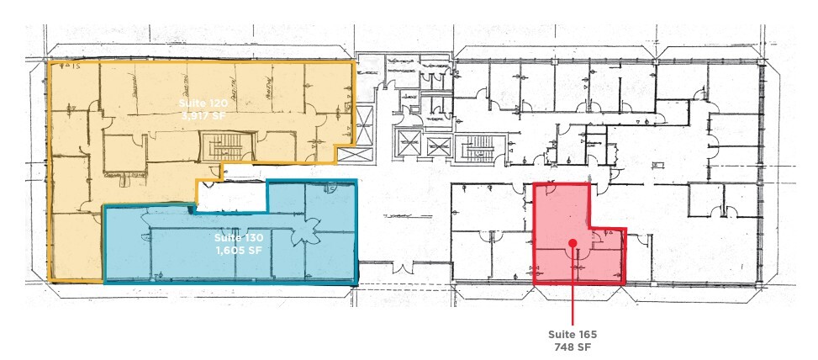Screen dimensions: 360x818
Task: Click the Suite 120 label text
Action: click(x=198, y=103)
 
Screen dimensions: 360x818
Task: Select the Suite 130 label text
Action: click(x=231, y=238)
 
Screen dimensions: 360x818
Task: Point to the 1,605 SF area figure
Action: click(x=231, y=251)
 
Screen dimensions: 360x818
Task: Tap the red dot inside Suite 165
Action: click(x=573, y=243)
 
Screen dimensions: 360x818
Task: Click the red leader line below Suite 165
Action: click(x=573, y=294)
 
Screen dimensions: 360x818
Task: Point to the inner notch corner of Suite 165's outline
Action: click(x=589, y=228)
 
